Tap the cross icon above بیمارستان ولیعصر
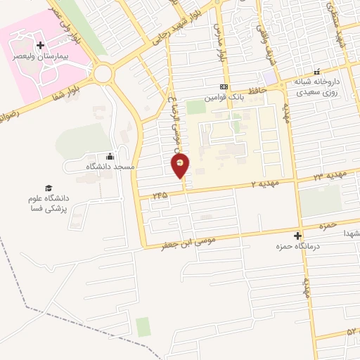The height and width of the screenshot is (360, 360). tap(40, 46)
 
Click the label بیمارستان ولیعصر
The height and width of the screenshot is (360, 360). tap(39, 56)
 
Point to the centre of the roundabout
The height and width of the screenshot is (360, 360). tap(103, 73)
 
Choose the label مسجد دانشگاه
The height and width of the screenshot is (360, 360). tap(110, 167)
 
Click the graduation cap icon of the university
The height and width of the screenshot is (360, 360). tap(49, 188)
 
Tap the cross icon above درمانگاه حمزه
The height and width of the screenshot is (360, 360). tap(297, 236)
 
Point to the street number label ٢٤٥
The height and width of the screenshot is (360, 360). tap(161, 195)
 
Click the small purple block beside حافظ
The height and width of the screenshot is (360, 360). tap(270, 77)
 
